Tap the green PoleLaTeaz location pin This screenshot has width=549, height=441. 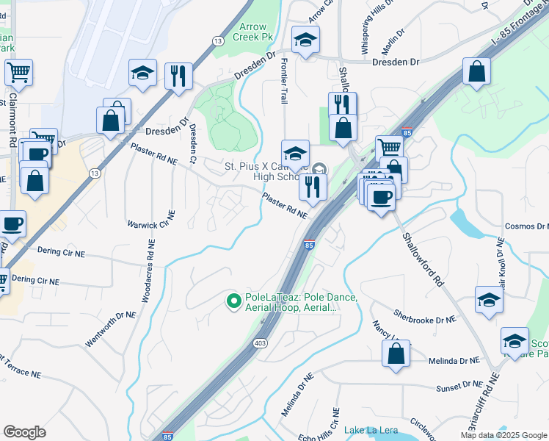point(234,301)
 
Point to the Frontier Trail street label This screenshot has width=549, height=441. point(283,80)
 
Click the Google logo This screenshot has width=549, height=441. point(24,431)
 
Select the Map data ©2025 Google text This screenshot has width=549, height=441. point(503,435)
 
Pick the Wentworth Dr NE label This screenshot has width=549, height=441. point(111,329)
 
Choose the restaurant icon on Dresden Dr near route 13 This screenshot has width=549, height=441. point(178,76)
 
